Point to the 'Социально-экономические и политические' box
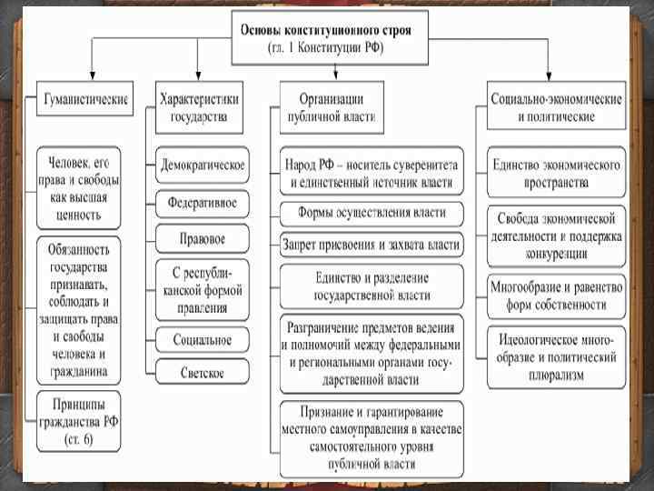click(x=555, y=105)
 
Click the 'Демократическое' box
click(x=203, y=165)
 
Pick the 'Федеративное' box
click(x=203, y=202)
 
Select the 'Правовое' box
click(x=203, y=238)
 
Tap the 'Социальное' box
click(x=203, y=340)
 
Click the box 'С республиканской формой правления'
click(x=203, y=289)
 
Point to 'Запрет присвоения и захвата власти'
click(x=371, y=244)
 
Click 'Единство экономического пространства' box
click(x=555, y=172)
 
